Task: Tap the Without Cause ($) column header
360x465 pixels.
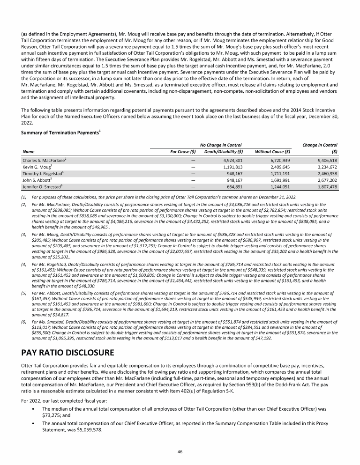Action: [x=272, y=151]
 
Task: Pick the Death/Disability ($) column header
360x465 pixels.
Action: [x=221, y=151]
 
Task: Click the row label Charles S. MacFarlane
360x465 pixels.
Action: [x=44, y=160]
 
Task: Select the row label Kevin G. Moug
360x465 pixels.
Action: [x=37, y=167]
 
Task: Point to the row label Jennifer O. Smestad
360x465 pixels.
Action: [x=43, y=187]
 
